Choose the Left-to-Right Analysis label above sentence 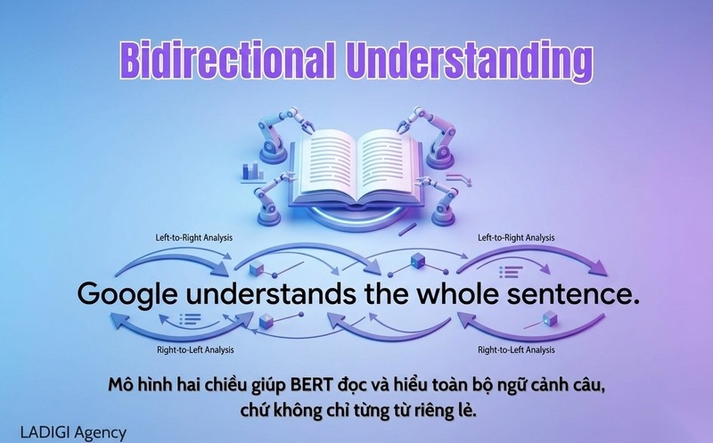tap(516, 237)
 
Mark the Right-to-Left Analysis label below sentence tap(516, 350)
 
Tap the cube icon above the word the tap(415, 260)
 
